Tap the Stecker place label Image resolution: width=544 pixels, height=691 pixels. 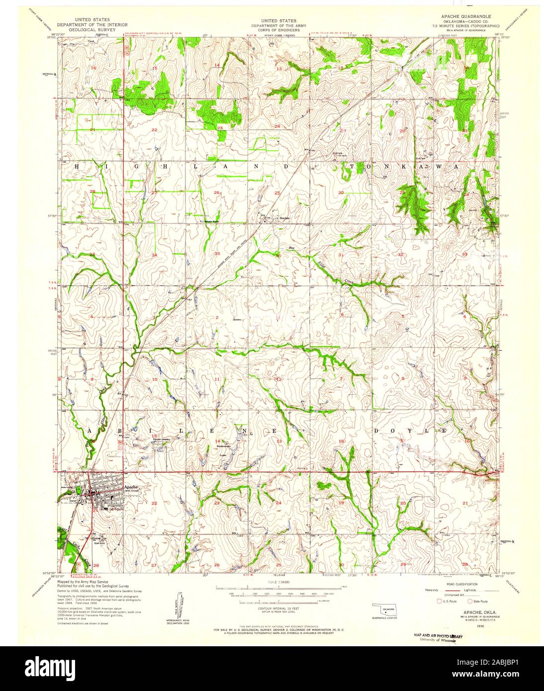tap(284, 218)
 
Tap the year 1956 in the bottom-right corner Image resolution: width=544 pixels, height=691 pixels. tap(480, 627)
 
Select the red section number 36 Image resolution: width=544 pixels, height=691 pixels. tap(278, 256)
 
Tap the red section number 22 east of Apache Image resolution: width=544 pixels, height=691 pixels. tap(154, 504)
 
